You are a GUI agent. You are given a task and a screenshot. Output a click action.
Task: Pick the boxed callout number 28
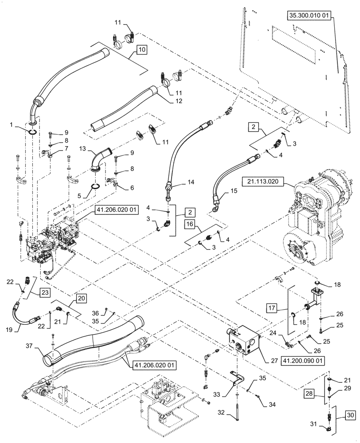pyautogui.click(x=309, y=393)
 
